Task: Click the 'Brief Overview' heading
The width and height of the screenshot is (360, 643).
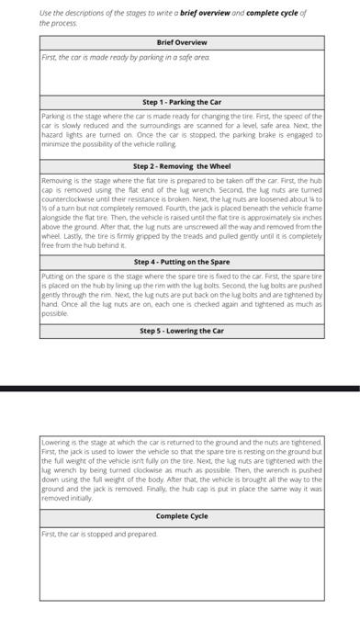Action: tap(182, 42)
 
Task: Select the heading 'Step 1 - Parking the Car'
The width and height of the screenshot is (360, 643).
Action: tap(182, 102)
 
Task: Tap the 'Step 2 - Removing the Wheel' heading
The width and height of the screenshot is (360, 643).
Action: tap(182, 166)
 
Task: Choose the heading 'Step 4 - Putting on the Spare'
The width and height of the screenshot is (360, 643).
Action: tap(182, 262)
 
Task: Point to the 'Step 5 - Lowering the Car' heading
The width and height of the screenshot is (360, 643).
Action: tap(182, 331)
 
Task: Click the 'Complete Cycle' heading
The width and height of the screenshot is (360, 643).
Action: tap(182, 516)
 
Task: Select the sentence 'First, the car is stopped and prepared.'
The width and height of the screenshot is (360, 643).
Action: tap(98, 533)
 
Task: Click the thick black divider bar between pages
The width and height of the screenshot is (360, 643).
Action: tap(180, 389)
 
